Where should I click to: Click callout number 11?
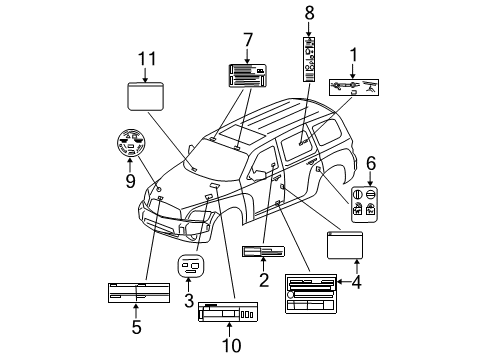[x=146, y=58]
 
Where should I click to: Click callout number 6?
[x=371, y=161]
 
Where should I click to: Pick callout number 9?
[x=129, y=182]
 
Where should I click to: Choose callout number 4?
[x=356, y=282]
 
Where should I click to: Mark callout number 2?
[x=264, y=280]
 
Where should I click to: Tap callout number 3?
[x=188, y=299]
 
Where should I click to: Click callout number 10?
[x=231, y=346]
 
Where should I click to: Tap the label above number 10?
[x=228, y=313]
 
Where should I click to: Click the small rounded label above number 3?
[x=190, y=266]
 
